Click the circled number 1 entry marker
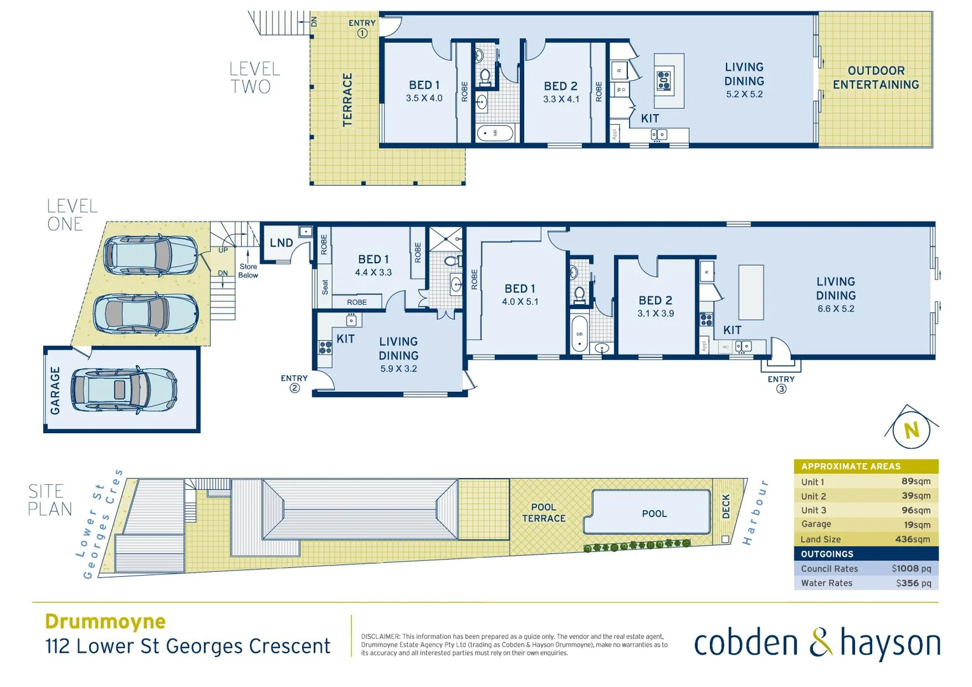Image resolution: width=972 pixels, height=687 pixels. pos(362,34)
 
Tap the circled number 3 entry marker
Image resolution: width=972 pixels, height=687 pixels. pos(781,389)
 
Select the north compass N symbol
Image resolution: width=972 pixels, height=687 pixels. pos(912,431)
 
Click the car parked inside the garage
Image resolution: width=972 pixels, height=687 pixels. pos(123,389)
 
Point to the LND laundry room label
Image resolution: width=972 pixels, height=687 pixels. pos(281,243)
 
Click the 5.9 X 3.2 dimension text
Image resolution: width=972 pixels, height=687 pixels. pos(398,369)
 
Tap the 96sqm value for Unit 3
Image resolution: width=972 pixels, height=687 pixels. pos(915,510)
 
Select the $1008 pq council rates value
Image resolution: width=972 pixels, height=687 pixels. pos(911,569)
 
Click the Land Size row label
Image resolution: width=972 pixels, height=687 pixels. pos(821,539)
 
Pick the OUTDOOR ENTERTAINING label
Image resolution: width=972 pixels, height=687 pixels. pos(875,78)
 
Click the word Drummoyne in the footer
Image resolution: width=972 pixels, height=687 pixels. pos(106,621)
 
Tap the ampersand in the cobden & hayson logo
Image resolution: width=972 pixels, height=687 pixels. pos(821,642)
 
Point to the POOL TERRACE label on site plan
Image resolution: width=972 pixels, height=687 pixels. pos(543,513)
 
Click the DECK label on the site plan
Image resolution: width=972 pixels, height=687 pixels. pos(726,506)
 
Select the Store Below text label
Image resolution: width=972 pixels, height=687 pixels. pos(248,271)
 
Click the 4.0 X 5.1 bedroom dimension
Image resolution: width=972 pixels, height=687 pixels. pos(520,302)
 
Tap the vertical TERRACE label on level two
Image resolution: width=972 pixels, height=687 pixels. pos(347,100)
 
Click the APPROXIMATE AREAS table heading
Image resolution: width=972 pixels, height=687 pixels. pos(850,466)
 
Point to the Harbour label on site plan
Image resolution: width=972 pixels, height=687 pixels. pos(756,513)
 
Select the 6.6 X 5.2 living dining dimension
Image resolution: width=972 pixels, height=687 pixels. pos(836,309)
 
